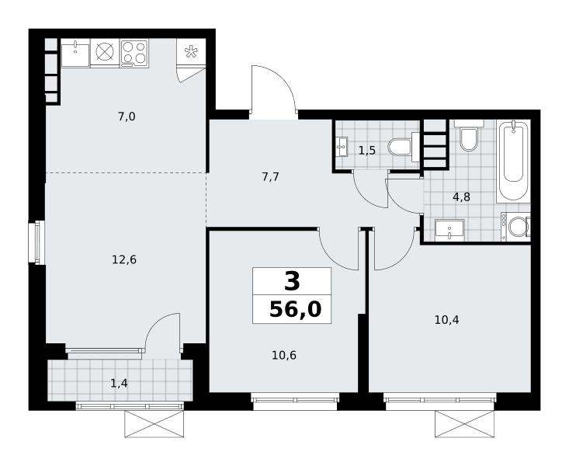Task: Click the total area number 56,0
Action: [295, 309]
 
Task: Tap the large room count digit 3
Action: [292, 281]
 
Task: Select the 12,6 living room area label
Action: [124, 259]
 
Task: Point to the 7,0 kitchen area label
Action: [127, 116]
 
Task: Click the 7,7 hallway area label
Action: [270, 177]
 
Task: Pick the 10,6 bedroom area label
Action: [284, 355]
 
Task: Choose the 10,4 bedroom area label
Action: [446, 320]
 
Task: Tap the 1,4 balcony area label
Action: [119, 383]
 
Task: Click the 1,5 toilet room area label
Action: [367, 150]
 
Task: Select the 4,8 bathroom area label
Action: [461, 196]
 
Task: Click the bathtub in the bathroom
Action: [513, 161]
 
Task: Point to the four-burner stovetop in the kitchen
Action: [134, 54]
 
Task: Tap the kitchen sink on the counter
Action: [75, 55]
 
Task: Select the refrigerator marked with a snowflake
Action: [191, 52]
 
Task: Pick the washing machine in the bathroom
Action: [515, 227]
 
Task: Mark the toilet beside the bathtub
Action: [469, 136]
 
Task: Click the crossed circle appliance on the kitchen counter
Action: [105, 52]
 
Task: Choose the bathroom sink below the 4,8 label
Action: [449, 230]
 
